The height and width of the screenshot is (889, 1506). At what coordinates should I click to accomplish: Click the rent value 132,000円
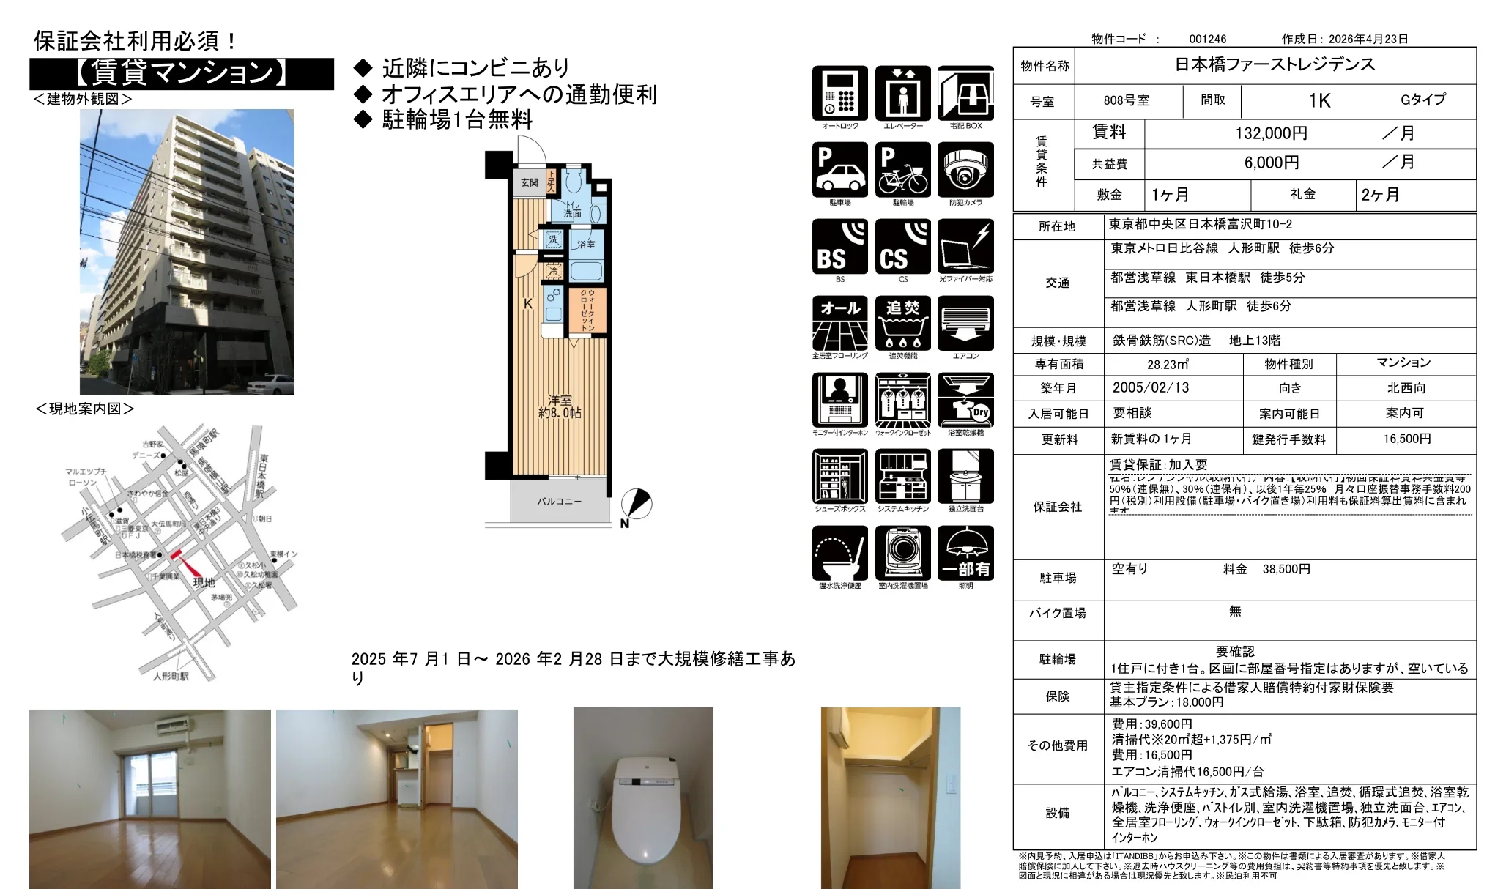click(x=1272, y=133)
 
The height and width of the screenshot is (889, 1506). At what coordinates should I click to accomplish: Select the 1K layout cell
click(x=1319, y=100)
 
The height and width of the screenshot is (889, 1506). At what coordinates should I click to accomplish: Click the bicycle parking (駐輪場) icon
click(x=902, y=170)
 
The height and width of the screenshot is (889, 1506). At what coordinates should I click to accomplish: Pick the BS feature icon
click(x=839, y=247)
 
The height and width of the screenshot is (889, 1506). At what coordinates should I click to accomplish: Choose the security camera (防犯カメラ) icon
click(x=965, y=170)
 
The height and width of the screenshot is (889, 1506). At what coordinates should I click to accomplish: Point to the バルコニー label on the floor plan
click(x=559, y=502)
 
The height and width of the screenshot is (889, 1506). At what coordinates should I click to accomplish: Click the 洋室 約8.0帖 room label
click(x=560, y=406)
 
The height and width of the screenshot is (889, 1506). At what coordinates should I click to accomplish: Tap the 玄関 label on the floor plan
click(x=529, y=182)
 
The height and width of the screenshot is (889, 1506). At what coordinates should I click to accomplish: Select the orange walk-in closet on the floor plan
click(x=587, y=310)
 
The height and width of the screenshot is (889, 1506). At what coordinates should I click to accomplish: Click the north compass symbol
click(x=637, y=504)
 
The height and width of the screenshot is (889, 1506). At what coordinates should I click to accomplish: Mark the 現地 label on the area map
click(x=204, y=583)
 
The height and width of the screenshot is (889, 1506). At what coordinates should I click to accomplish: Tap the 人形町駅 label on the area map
click(x=171, y=677)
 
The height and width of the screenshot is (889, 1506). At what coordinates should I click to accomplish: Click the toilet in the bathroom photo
click(x=643, y=813)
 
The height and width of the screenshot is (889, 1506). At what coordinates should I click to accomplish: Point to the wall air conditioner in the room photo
click(x=173, y=726)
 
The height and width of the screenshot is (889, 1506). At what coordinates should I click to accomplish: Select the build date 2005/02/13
click(x=1151, y=388)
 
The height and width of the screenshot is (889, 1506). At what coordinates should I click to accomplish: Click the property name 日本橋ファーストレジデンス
click(x=1275, y=64)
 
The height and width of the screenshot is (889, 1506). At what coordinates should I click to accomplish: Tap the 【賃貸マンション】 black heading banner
click(x=181, y=73)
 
